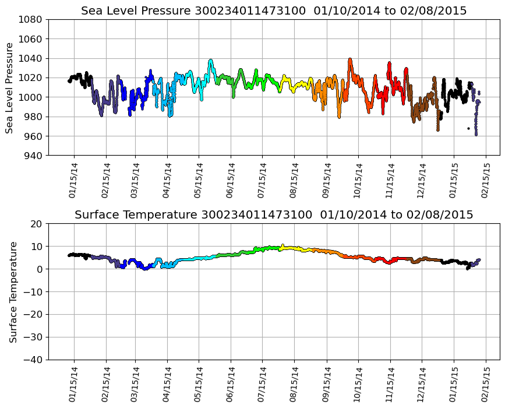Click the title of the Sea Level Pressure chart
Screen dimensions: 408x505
274,11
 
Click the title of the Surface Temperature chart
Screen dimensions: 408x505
274,215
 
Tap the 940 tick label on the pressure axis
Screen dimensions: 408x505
31,156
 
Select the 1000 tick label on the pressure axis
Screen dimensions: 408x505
29,97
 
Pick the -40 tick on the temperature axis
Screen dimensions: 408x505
32,360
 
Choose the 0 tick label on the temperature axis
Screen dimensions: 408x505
39,269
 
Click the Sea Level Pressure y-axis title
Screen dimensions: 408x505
10,87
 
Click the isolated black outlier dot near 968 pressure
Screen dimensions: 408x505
468,128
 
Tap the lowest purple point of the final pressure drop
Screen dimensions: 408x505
476,135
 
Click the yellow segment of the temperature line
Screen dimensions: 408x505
291,248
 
